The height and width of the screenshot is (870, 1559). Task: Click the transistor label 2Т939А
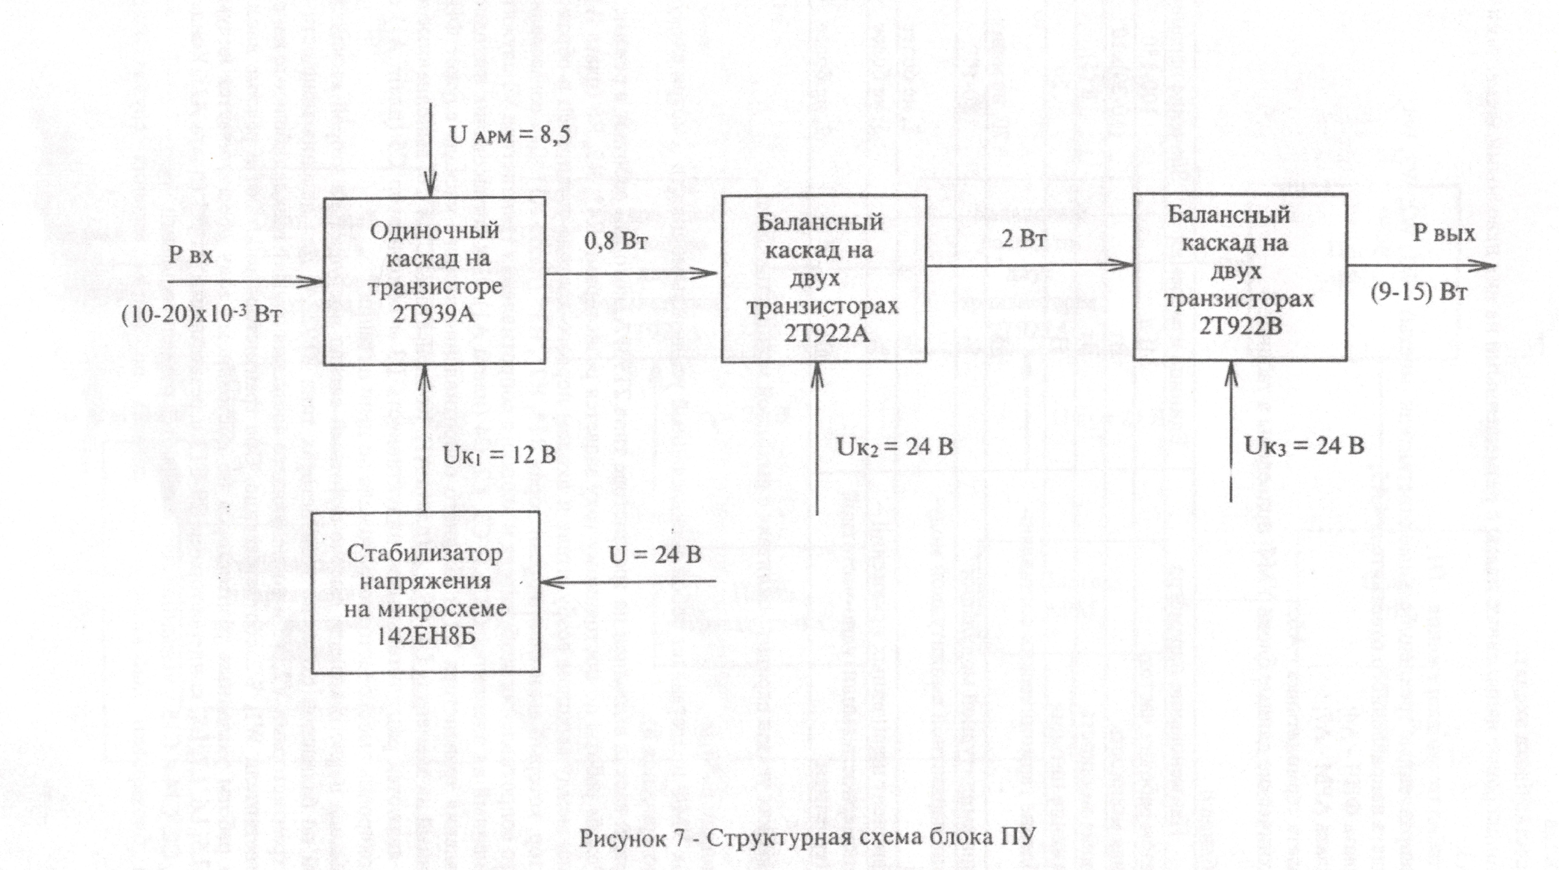(x=434, y=314)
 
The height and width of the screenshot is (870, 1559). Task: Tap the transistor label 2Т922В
(x=1240, y=325)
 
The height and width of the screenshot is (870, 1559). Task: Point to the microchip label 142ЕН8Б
(x=424, y=637)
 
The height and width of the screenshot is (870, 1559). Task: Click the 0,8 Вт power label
(x=617, y=242)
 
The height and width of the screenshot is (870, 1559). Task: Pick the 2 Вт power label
(x=1024, y=239)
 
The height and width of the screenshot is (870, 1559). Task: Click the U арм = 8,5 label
(x=510, y=134)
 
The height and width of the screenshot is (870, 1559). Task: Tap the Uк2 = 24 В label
(x=894, y=446)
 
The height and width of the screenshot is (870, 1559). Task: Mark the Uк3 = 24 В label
(x=1304, y=445)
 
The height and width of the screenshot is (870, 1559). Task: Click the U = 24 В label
(x=655, y=555)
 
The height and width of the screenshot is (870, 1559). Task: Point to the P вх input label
(x=190, y=255)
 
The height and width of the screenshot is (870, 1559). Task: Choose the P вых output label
(x=1444, y=233)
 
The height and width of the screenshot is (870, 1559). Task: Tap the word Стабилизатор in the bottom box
(x=424, y=553)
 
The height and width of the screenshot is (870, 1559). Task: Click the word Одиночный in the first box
(x=434, y=230)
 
